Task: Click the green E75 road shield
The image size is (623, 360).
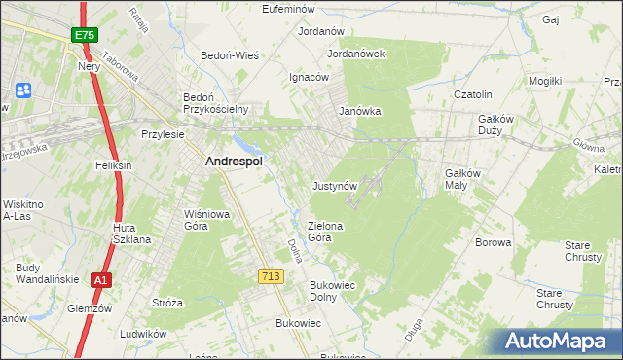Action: coord(84,35)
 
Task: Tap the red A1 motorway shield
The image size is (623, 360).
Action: coord(100,280)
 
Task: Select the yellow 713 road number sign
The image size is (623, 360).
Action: coord(272,277)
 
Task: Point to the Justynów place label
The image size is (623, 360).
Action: coord(336,185)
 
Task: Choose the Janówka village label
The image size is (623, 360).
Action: coord(359,112)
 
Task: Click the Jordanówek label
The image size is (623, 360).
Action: coord(357,54)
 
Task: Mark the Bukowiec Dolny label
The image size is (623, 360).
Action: coord(333,291)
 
